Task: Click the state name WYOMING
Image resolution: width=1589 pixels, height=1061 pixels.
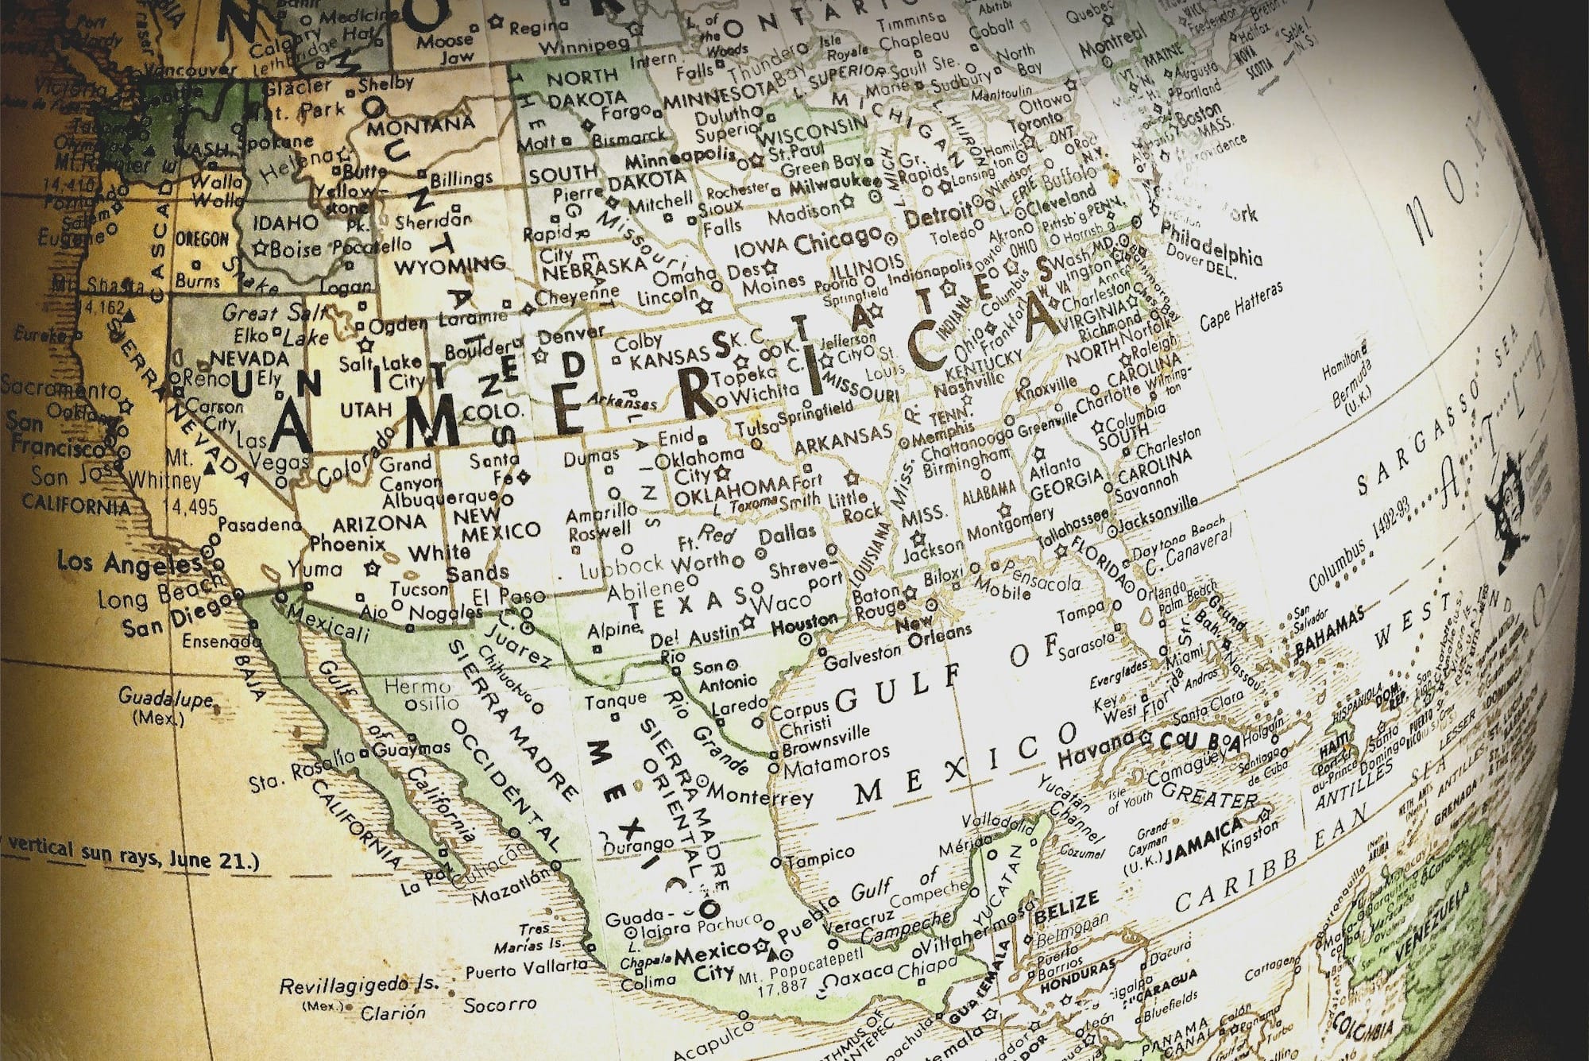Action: [450, 265]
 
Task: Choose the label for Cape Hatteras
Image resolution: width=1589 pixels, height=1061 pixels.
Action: [1240, 306]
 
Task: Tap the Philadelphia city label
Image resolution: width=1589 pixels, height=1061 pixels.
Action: [1211, 244]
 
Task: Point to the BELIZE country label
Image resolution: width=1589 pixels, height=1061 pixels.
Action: [1066, 905]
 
